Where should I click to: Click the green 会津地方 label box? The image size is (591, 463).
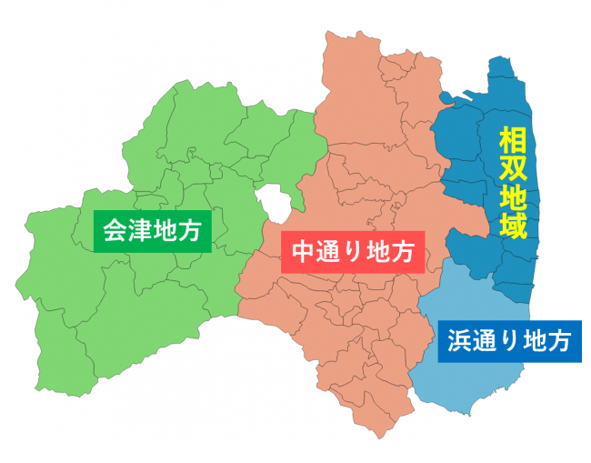coord(153,232)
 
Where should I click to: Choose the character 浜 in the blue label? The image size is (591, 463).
coord(456,341)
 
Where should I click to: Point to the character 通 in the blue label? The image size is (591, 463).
coord(482,341)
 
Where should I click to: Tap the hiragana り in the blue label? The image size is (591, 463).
coord(507,341)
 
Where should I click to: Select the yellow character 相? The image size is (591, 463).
coord(514,139)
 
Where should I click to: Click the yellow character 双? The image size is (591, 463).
coord(514,167)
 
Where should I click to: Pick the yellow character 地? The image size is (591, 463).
coord(514,196)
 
